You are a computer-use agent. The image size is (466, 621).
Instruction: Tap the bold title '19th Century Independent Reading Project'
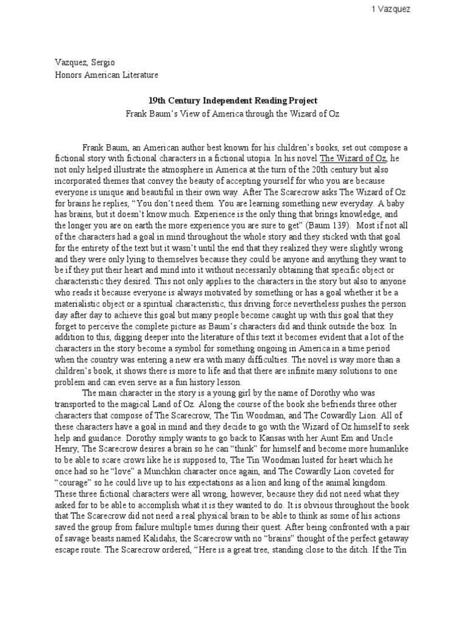click(x=233, y=100)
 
